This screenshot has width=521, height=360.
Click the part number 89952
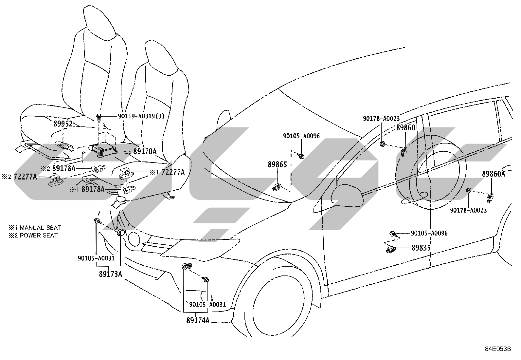tap(63, 123)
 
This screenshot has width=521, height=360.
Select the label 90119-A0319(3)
tap(141, 116)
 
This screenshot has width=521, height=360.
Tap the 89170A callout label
tap(145, 152)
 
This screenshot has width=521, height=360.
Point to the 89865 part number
tap(277, 164)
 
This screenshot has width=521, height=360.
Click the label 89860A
tap(493, 174)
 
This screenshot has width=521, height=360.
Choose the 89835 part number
tap(421, 248)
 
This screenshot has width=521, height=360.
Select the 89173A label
tap(111, 274)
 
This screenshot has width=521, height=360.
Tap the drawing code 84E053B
tap(498, 349)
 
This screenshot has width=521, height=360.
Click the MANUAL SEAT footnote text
tap(41, 228)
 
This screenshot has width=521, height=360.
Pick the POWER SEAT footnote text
tap(39, 236)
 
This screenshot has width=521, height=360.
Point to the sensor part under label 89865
tap(277, 187)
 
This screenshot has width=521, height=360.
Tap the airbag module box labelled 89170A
tap(102, 150)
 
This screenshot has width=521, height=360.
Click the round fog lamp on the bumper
tap(134, 239)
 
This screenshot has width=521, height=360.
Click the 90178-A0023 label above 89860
tap(381, 119)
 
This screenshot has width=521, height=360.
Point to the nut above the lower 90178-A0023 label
tap(468, 190)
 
